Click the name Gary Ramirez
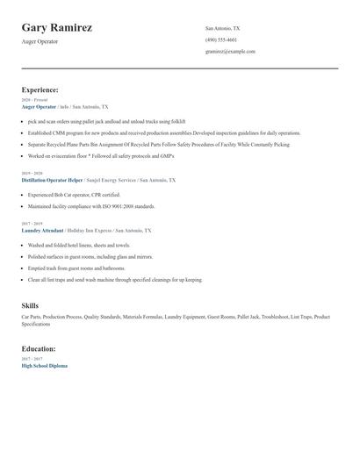(57, 28)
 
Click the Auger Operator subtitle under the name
(40, 42)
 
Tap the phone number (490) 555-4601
(221, 40)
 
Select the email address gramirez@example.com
(230, 52)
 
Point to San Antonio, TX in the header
(222, 29)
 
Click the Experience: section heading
(40, 89)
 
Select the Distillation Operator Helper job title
(57, 180)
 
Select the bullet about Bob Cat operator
(74, 195)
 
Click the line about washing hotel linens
(79, 246)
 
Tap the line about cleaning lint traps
(114, 280)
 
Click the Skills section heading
(30, 305)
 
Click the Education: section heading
(39, 349)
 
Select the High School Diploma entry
(44, 365)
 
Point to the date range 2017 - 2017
(31, 359)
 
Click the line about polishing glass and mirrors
(90, 257)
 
